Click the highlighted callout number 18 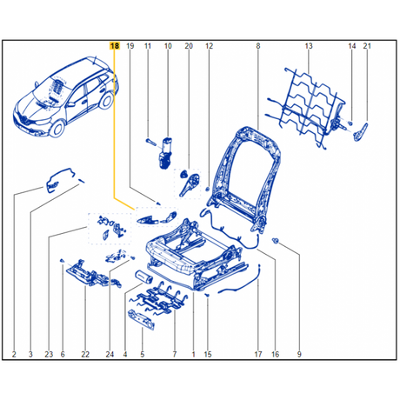[x=115, y=46]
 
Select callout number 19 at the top [x=130, y=46]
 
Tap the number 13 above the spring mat [x=309, y=46]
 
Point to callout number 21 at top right [x=367, y=46]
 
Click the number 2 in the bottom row [x=14, y=354]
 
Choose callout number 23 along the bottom [x=49, y=354]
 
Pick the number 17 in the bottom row [x=258, y=354]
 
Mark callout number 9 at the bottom [x=299, y=354]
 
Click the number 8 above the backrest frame [x=258, y=46]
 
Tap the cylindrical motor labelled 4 [x=144, y=277]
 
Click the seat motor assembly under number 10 [x=165, y=152]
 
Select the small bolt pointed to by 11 [x=150, y=142]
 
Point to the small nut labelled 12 [x=208, y=190]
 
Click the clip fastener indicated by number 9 [x=275, y=240]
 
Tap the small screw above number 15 [x=207, y=295]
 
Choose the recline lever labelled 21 [x=361, y=132]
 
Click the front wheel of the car [x=57, y=129]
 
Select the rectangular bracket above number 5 [x=141, y=320]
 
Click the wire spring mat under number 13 [x=306, y=107]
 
